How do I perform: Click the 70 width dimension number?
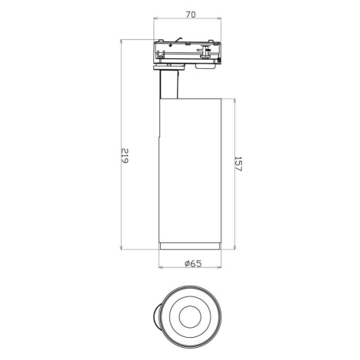click(191, 15)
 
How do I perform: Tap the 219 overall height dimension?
click(124, 155)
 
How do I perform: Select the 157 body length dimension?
click(237, 164)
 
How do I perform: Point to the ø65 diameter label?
click(193, 263)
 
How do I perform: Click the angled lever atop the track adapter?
click(178, 40)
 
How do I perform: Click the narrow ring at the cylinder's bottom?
click(190, 246)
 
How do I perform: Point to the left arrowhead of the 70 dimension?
click(155, 18)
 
